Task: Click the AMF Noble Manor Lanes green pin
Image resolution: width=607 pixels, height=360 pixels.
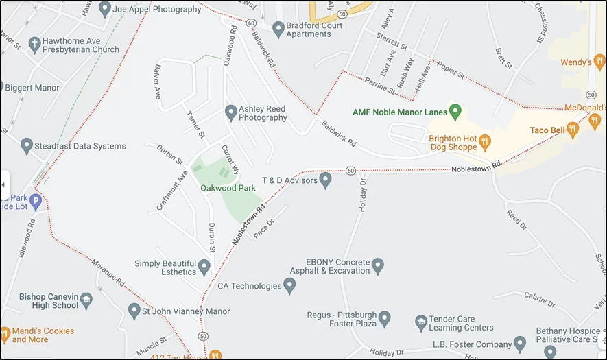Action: tap(454, 111)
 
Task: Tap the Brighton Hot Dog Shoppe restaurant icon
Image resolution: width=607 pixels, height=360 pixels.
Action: tap(485, 143)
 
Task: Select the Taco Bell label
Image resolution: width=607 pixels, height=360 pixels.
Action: tap(547, 130)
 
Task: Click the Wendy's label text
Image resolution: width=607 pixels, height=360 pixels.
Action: tap(575, 62)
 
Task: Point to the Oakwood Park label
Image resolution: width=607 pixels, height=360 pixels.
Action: tap(228, 188)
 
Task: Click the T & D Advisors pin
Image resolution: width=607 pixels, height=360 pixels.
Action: tap(326, 180)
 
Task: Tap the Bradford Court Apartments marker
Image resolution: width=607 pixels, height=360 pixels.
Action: tap(278, 29)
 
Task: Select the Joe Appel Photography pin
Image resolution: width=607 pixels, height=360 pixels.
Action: tap(105, 10)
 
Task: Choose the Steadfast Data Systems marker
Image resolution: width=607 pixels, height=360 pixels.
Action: tap(27, 146)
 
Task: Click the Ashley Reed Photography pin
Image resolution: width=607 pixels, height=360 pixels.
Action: tap(231, 112)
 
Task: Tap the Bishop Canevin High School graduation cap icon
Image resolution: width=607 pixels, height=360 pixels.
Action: tap(86, 300)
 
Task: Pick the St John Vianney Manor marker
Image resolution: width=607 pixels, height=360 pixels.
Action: tap(134, 311)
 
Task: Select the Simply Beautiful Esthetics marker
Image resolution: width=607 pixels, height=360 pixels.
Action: tap(204, 267)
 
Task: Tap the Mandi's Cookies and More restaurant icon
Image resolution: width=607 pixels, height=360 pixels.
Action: tap(5, 335)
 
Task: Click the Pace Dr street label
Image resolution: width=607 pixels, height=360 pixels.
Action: tap(264, 228)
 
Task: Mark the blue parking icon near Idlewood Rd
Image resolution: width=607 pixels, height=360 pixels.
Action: tap(36, 202)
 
